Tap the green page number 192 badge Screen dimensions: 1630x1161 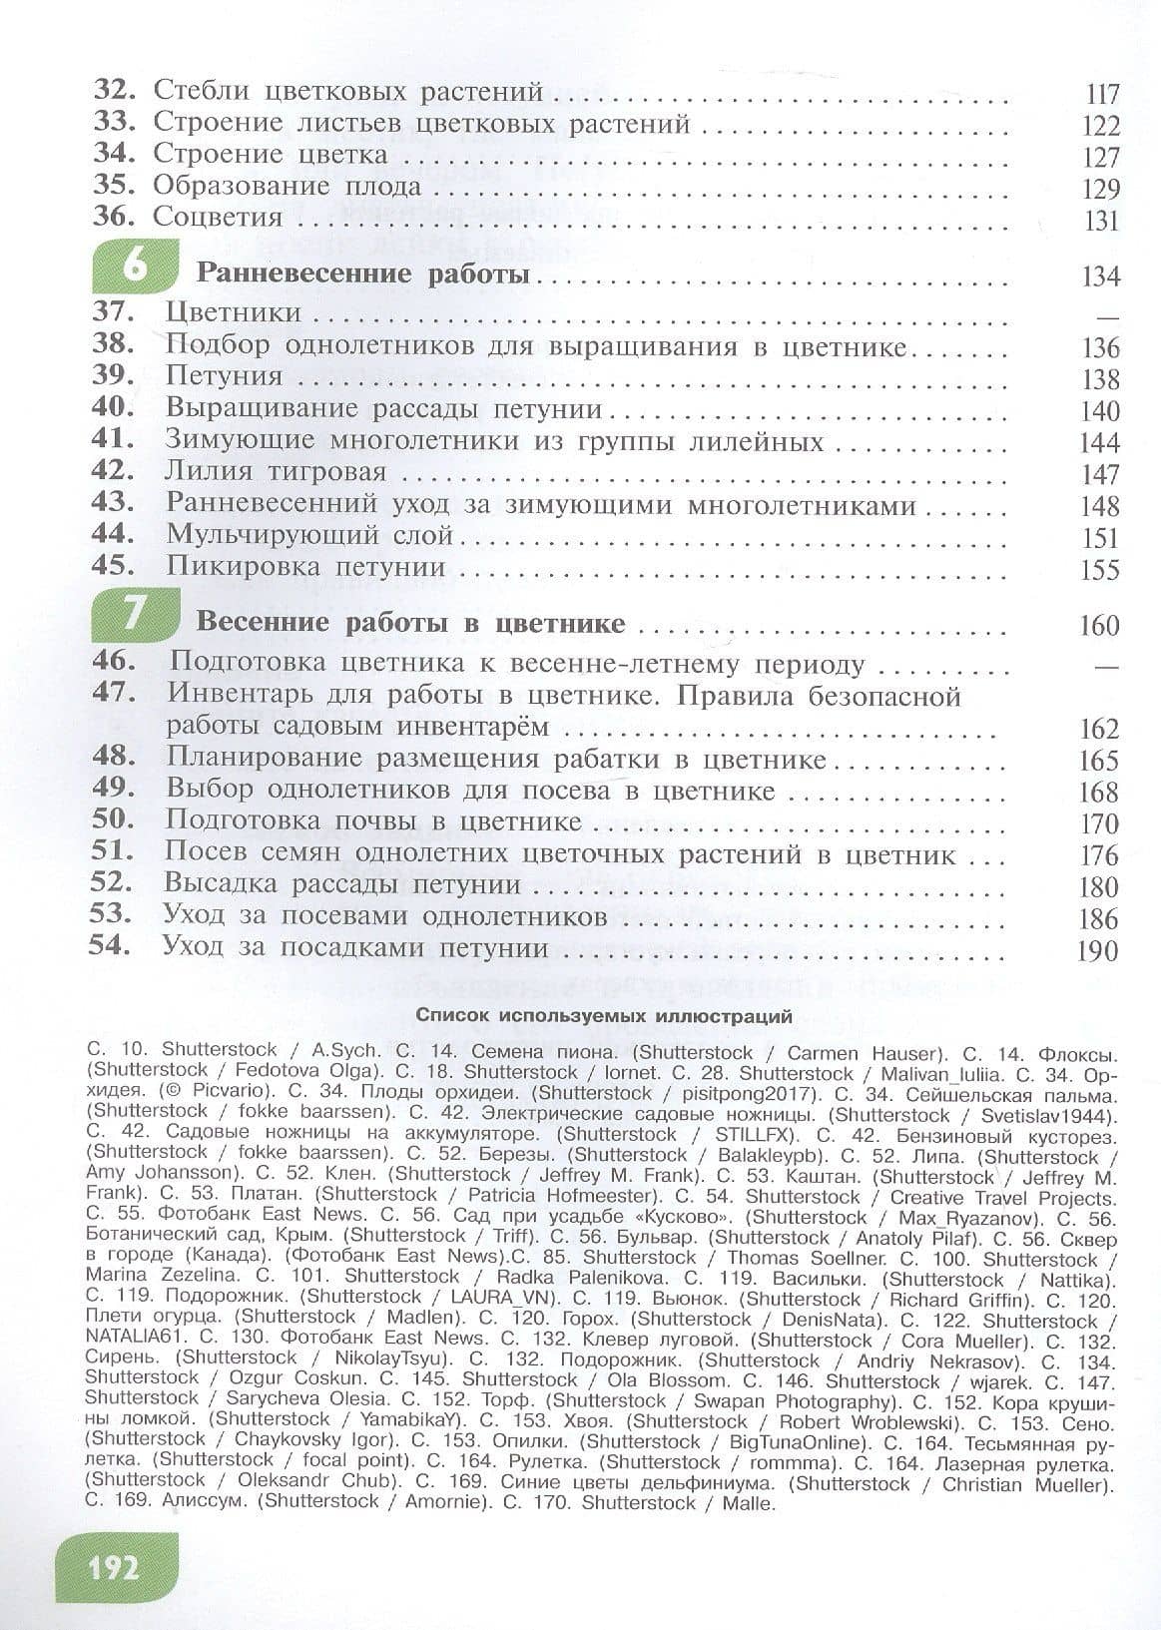114,1568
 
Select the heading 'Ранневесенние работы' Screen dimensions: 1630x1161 362,273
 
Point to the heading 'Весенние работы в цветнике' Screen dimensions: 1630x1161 411,624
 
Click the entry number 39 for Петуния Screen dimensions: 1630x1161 113,376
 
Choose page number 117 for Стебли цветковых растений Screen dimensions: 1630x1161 1102,95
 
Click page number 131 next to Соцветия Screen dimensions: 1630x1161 1102,221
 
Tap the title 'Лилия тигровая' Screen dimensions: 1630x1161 276,471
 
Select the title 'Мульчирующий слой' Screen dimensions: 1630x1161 309,535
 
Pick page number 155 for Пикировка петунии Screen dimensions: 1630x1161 1100,570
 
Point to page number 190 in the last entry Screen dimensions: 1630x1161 1098,950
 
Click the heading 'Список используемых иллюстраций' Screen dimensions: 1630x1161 604,1018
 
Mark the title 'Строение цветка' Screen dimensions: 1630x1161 271,155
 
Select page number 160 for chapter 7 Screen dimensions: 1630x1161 1100,626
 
